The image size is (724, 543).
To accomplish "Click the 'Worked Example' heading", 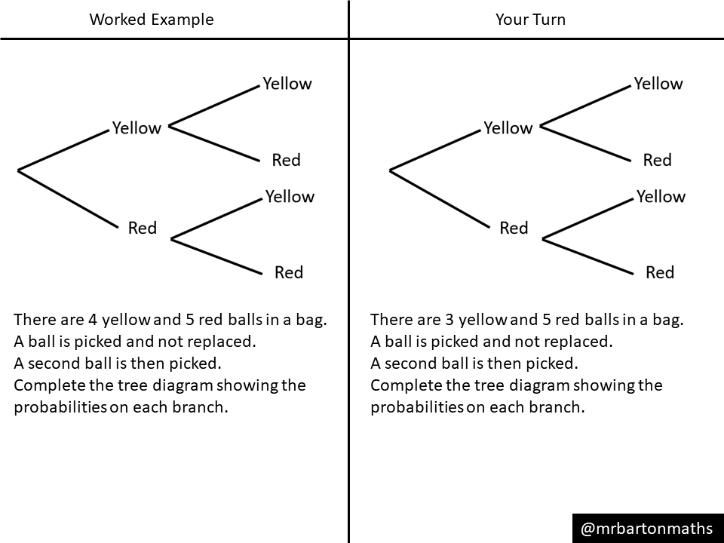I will [x=152, y=20].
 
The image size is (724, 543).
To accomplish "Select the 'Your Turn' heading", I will [x=530, y=20].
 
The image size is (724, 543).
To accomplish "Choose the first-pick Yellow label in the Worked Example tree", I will [x=137, y=128].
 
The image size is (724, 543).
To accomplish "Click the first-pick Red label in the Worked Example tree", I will [x=142, y=228].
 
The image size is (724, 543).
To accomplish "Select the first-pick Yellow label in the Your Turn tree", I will [x=508, y=128].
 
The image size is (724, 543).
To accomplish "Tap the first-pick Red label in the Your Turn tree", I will [x=514, y=228].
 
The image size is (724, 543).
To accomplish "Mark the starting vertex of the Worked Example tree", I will [x=18, y=170].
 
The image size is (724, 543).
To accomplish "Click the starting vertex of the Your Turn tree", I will [x=390, y=170].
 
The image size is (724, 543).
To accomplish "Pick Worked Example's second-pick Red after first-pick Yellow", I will [x=286, y=160].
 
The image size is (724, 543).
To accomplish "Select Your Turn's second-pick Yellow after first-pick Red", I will [x=661, y=197].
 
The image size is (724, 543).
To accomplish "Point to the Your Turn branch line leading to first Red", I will [x=440, y=198].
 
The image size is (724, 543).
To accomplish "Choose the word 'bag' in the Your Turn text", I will [x=665, y=319].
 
